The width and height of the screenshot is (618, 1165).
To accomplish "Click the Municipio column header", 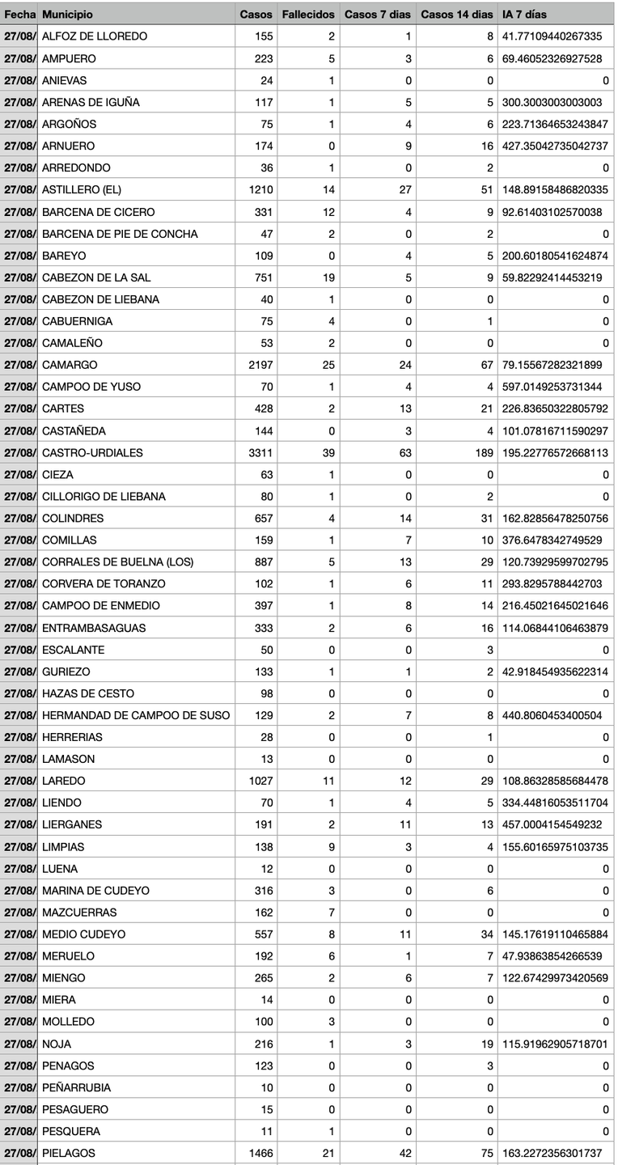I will (67, 15).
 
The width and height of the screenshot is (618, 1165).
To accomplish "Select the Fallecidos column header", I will (307, 15).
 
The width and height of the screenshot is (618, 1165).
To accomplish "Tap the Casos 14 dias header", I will (456, 15).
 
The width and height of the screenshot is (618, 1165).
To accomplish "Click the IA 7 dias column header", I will (524, 15).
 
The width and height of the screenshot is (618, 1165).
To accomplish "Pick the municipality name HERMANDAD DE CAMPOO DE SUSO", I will (136, 715).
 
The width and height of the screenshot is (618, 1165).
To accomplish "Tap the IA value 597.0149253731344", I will (552, 387).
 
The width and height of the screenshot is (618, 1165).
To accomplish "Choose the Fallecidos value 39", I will (328, 452).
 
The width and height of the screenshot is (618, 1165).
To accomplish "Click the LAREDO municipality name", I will (63, 781).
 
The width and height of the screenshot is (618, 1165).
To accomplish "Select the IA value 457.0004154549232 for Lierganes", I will (552, 824).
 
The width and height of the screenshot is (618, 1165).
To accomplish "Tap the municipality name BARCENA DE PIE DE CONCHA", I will (120, 234).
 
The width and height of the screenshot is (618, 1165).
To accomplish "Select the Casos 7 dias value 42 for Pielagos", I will (405, 1153).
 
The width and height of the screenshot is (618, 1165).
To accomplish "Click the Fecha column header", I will (19, 15).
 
